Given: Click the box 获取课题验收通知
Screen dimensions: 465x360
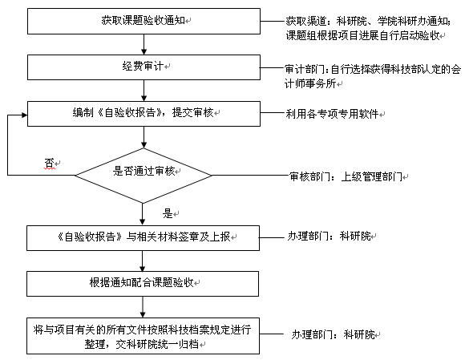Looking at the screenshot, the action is [144, 21].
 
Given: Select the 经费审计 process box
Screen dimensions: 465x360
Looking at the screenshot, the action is [144, 67].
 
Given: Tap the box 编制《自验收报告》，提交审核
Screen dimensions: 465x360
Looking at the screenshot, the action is [144, 114].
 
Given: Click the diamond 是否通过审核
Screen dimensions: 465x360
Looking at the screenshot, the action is [144, 176].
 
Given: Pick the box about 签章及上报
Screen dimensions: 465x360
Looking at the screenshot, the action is [143, 238].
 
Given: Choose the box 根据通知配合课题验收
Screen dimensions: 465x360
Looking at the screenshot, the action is [143, 284].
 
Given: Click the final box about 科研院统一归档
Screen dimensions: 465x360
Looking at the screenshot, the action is [143, 336].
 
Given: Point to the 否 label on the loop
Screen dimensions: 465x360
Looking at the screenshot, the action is [49, 163].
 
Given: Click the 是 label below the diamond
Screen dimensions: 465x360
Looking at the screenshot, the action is [168, 213].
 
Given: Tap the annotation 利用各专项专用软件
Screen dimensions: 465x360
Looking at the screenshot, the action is [332, 114].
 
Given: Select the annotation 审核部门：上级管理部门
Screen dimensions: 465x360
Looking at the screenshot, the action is [346, 176].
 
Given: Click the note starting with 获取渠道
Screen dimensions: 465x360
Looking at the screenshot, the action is [368, 28].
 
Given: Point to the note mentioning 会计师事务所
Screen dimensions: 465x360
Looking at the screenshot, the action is [373, 76].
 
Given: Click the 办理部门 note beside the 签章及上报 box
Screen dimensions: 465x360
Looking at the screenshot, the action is [330, 237].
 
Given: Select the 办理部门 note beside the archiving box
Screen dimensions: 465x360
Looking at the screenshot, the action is [333, 335].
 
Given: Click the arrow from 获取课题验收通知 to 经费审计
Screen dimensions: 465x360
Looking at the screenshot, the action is [144, 44].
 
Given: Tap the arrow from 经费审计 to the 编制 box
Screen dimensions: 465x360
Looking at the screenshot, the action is [144, 91].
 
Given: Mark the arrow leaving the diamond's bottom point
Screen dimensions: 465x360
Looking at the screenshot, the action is [143, 214].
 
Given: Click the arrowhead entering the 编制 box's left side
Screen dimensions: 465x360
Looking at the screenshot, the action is [25, 115].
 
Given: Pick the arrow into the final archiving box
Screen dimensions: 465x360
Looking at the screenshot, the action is [143, 307].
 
